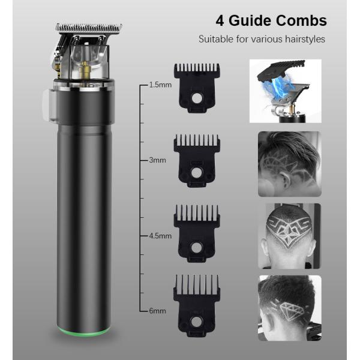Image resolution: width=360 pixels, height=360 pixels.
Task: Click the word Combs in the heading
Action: [301, 20]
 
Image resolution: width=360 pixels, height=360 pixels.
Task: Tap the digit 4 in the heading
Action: [220, 21]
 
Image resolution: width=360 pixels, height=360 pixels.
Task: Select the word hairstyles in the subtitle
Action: [305, 39]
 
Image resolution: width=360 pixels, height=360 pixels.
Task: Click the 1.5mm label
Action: [160, 85]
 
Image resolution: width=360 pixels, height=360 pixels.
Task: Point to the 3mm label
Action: [157, 160]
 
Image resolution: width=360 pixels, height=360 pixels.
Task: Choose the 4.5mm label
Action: [160, 236]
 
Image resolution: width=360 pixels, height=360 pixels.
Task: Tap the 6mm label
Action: [157, 311]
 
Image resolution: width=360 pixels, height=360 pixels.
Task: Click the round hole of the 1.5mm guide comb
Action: [196, 98]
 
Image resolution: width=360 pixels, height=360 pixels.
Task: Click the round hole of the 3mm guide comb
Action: [196, 172]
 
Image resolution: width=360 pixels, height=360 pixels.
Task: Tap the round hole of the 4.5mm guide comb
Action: [196, 247]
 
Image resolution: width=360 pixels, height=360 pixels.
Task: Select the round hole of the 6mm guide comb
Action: [196, 321]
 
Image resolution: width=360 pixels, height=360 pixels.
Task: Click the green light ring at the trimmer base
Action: [83, 332]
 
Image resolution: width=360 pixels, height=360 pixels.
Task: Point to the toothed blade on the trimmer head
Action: [89, 28]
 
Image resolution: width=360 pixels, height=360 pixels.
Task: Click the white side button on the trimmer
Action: [49, 105]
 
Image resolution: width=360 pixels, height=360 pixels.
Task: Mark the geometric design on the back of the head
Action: [289, 232]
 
